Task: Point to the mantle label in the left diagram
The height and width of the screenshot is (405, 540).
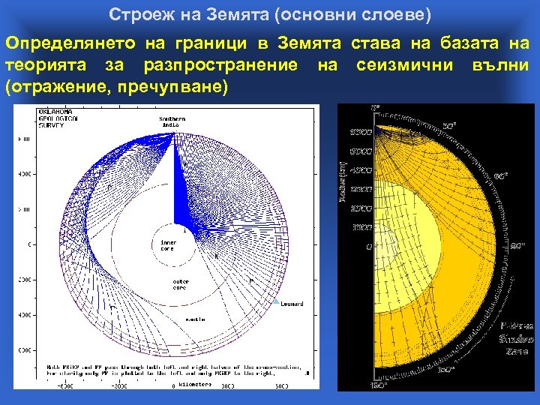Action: (196, 319)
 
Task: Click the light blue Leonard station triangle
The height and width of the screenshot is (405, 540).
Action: (275, 301)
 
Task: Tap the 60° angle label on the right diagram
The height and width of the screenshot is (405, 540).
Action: (499, 176)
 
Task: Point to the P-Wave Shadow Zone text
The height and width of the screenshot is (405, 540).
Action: (517, 338)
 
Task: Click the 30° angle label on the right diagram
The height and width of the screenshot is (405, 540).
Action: (450, 125)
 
